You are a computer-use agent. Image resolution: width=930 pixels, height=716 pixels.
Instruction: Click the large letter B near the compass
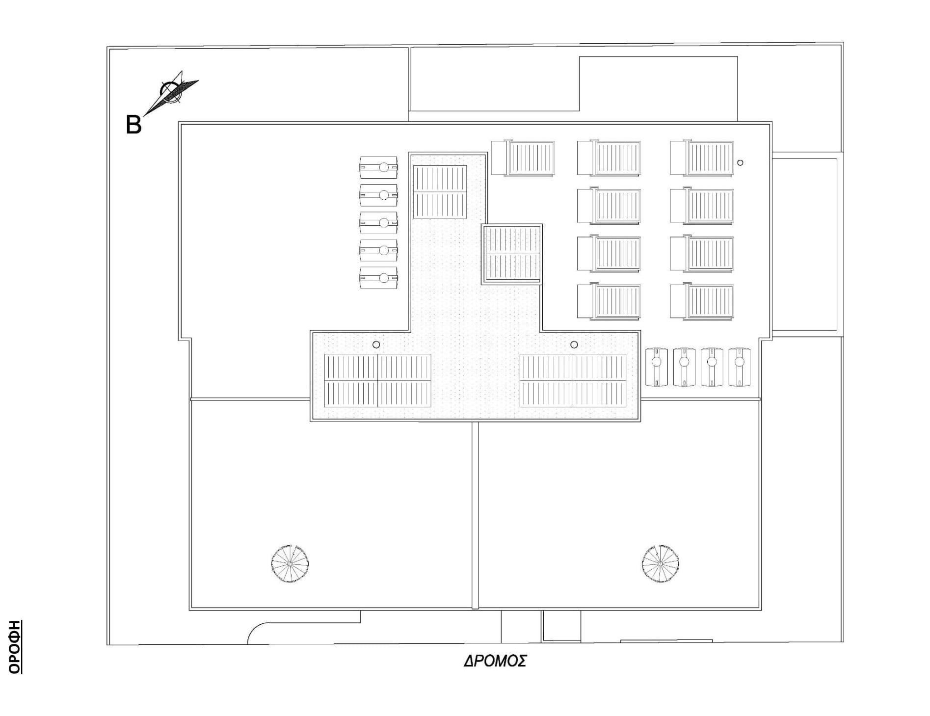click(133, 125)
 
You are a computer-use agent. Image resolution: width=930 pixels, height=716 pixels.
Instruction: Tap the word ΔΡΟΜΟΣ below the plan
click(495, 661)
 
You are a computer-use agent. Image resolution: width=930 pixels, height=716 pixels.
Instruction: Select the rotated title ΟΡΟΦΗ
click(15, 646)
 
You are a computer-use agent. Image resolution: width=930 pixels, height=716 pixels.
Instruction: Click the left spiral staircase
click(290, 564)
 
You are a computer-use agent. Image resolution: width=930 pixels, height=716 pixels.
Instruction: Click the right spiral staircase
click(661, 564)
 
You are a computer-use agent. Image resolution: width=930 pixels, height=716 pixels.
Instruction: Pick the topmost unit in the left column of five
click(378, 167)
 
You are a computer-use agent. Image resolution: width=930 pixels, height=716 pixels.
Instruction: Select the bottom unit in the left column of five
click(378, 278)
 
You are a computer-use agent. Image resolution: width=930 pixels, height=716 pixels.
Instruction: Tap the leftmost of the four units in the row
click(657, 367)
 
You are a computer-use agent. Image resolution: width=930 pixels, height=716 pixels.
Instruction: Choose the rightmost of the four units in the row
click(740, 367)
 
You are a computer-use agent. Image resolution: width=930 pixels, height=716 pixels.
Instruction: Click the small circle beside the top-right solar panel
click(741, 162)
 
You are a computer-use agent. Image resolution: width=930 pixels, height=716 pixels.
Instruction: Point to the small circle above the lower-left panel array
click(376, 345)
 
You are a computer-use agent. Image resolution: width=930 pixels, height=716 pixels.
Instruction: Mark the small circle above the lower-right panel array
click(574, 345)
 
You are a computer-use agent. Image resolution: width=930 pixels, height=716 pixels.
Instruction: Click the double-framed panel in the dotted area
click(512, 254)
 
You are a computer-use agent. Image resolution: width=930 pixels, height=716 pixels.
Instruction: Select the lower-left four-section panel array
click(377, 380)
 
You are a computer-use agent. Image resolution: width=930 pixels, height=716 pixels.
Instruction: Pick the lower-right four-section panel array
click(573, 380)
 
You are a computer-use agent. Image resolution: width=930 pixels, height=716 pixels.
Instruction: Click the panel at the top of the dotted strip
click(440, 192)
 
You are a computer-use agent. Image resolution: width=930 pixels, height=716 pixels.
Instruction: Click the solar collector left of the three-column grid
click(523, 158)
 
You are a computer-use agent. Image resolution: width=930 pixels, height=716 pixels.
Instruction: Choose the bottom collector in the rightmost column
click(702, 301)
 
